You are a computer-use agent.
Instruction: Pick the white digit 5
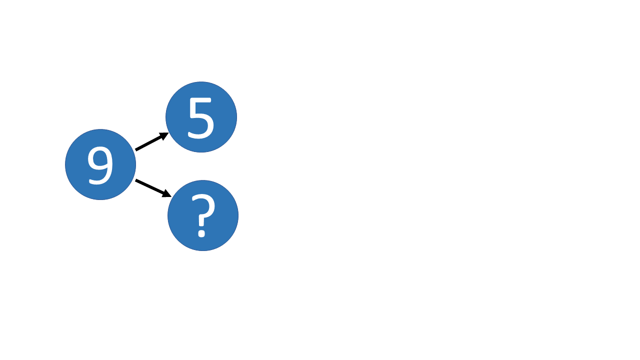coord(201,118)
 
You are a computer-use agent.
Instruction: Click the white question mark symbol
coord(202,215)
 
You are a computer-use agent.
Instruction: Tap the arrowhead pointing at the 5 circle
coord(165,134)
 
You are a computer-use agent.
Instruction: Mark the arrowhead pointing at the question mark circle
coord(167,194)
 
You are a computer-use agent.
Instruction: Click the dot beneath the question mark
coord(201,232)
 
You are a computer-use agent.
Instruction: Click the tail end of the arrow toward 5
coord(136,149)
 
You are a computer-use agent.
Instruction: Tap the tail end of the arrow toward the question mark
coord(136,180)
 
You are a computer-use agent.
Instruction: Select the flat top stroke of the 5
coord(202,100)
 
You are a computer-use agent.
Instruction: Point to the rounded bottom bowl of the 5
coord(204,127)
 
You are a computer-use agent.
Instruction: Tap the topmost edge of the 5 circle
coord(201,82)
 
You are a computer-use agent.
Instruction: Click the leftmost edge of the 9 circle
coord(66,164)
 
